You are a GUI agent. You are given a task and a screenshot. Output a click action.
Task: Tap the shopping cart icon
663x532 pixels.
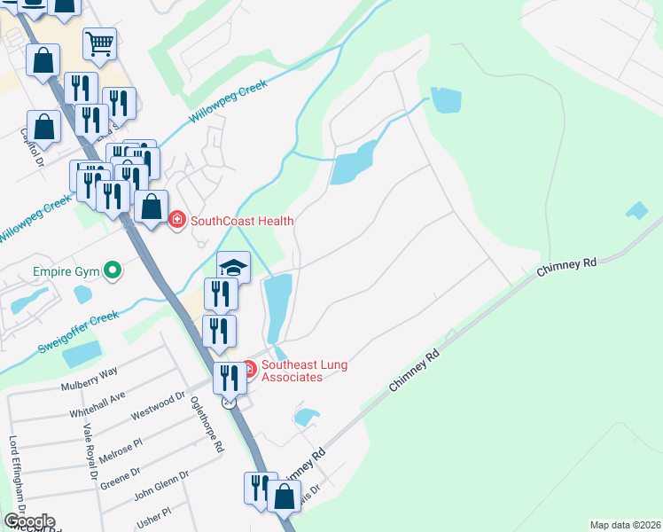click(100, 43)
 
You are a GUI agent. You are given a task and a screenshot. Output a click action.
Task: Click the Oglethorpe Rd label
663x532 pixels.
click(206, 424)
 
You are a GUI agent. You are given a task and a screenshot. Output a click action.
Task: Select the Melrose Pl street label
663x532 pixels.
click(120, 448)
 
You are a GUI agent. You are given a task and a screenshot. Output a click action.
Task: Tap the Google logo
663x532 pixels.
click(29, 520)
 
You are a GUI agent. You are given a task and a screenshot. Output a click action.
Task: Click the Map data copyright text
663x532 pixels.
click(625, 525)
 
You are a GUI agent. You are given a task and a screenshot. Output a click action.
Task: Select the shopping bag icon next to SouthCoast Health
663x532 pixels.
click(152, 207)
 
